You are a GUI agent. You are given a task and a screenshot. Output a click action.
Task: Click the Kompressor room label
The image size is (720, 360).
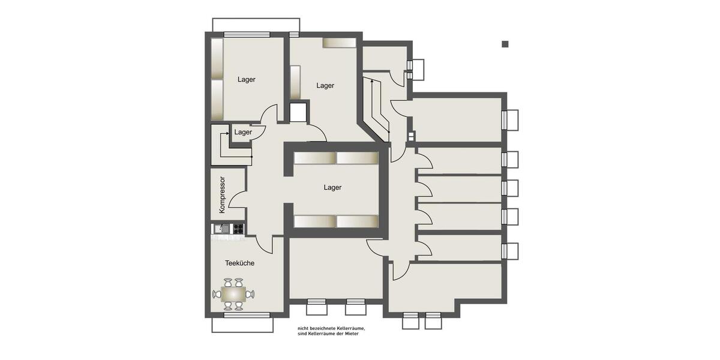(222, 194)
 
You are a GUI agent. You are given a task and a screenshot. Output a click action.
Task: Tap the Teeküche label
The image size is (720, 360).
(239, 263)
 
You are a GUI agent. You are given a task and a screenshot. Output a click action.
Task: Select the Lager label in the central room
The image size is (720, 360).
(332, 187)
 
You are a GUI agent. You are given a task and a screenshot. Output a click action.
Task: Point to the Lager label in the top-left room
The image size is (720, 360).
(247, 79)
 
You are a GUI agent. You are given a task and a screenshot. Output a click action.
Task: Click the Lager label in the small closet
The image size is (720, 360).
(243, 132)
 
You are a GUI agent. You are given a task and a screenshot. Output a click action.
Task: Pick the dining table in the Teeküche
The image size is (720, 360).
(233, 294)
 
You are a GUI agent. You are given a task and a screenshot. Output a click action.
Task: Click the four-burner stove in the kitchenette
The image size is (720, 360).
(238, 228)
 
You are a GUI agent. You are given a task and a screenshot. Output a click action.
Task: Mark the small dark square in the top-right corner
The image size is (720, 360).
(505, 44)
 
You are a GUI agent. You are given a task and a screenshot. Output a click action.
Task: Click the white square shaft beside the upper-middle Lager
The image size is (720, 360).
(298, 113)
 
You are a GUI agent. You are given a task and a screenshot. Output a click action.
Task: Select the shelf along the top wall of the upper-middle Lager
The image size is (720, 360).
(340, 43)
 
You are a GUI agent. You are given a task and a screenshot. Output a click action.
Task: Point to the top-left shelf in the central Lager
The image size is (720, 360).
(314, 158)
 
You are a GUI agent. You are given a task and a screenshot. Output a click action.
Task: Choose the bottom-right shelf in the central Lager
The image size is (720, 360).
(357, 221)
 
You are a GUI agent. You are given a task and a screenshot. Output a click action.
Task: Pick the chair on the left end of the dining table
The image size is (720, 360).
(217, 294)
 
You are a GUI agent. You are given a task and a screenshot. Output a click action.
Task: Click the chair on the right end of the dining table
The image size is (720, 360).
(250, 294)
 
